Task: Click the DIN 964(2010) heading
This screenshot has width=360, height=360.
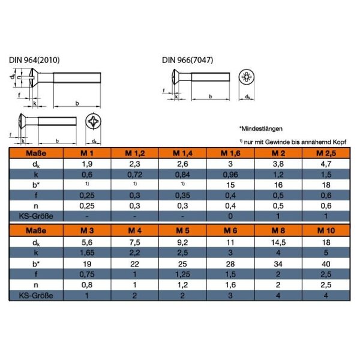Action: click(34, 60)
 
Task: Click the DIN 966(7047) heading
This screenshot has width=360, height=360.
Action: click(187, 60)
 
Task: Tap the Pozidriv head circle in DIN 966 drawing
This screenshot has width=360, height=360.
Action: click(247, 77)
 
